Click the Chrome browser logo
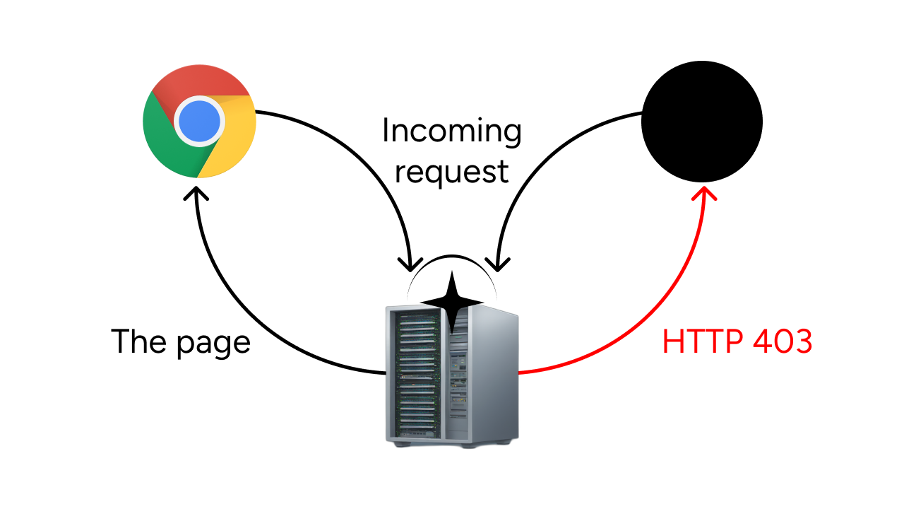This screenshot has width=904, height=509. click(x=199, y=121)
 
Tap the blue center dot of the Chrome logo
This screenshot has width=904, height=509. click(x=198, y=121)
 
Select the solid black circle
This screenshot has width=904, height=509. click(x=702, y=121)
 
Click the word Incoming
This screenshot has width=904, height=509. click(x=452, y=132)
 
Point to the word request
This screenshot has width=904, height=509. click(x=452, y=170)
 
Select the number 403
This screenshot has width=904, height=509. click(x=783, y=342)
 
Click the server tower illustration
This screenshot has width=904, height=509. click(x=452, y=375)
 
